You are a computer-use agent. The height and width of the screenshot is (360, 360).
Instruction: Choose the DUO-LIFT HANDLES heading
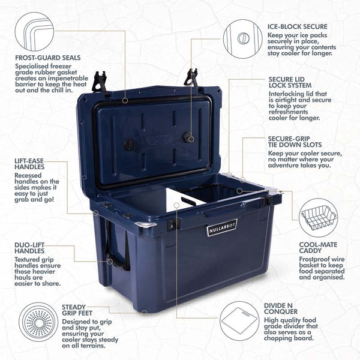coord(34,248)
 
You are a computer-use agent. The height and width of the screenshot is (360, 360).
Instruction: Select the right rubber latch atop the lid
coord(193,78)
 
